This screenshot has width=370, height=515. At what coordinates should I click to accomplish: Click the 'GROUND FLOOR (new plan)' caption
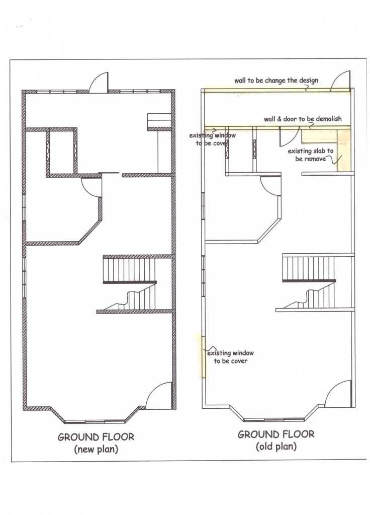point(96,443)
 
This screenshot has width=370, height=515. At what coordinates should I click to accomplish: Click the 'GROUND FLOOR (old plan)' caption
point(276,440)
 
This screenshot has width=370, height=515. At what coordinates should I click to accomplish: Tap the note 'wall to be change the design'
point(276,81)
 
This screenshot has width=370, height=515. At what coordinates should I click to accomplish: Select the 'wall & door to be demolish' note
point(303,119)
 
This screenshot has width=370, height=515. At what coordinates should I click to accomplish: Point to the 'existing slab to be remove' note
point(311,155)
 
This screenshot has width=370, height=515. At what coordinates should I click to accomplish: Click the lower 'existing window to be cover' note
point(230,357)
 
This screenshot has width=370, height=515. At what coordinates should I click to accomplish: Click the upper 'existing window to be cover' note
point(212,139)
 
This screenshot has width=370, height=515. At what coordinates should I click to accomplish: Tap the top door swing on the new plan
point(98,83)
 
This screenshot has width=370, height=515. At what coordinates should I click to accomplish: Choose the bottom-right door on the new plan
point(159,396)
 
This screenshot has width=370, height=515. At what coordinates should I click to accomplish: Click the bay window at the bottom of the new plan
point(98,415)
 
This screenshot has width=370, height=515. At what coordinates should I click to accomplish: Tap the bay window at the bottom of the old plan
point(275,413)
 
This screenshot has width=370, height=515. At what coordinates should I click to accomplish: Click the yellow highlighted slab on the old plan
point(343,150)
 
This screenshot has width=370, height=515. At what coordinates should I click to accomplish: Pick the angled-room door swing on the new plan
point(91,188)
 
